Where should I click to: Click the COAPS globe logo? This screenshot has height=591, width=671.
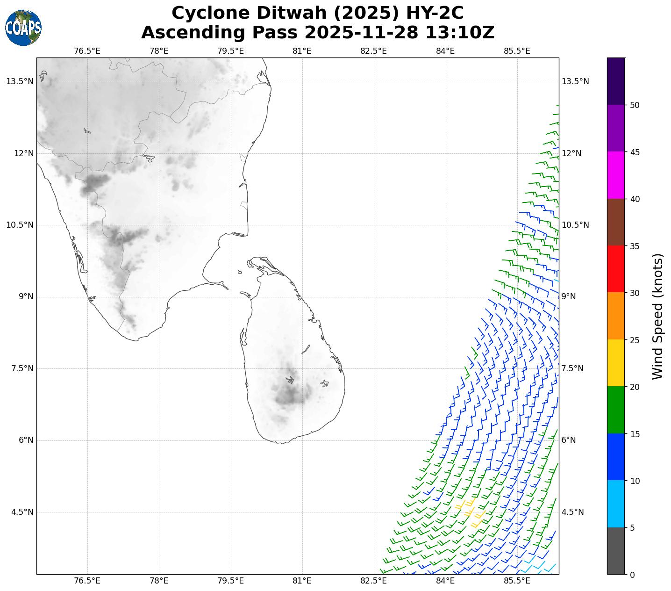pos(23,28)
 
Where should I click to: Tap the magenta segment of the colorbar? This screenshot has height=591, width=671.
pos(616,175)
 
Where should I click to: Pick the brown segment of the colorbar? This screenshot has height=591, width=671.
pos(616,222)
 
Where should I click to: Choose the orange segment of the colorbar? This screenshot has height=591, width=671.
pos(616,316)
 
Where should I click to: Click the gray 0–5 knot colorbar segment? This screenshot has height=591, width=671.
pos(616,551)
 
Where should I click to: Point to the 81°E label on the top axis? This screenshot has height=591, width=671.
pos(302,50)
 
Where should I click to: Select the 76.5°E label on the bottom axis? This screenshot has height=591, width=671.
pos(87,581)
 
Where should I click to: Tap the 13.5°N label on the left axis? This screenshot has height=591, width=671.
pos(20,82)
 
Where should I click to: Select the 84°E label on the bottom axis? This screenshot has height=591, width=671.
pos(445,581)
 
